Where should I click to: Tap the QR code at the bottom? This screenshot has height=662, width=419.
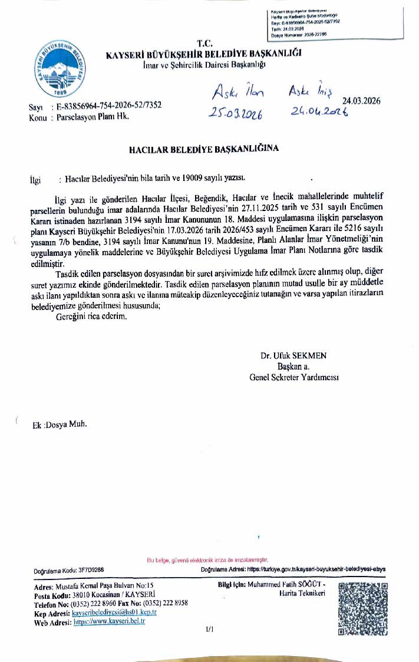point(363,610)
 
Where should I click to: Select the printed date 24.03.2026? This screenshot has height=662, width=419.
point(361,101)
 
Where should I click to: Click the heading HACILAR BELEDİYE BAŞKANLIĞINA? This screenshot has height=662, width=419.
point(204,149)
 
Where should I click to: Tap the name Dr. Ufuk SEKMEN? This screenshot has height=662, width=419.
point(293,355)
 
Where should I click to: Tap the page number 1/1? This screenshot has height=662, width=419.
point(209,630)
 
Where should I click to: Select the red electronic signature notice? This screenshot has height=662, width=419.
point(207,559)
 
